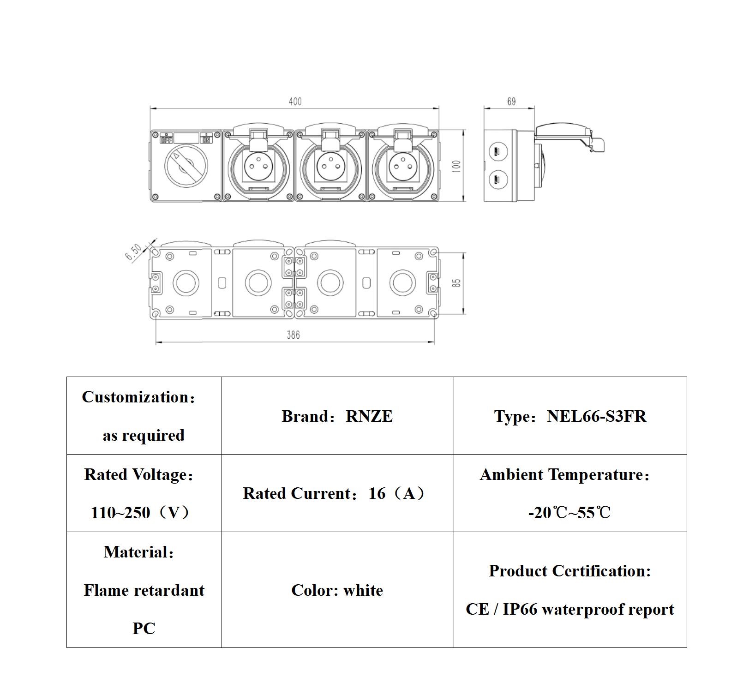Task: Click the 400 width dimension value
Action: [295, 102]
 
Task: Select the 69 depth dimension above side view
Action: [511, 102]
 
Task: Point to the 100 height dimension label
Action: [457, 166]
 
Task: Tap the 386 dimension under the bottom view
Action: [293, 335]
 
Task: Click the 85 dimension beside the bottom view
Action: [456, 282]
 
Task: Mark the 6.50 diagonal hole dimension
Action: [134, 252]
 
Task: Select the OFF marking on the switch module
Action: [167, 139]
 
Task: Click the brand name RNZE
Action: [369, 416]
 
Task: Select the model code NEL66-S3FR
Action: [596, 416]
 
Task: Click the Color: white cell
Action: [337, 590]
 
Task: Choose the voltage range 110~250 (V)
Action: [141, 513]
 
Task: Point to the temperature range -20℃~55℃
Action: [569, 513]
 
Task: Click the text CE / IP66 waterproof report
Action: [570, 609]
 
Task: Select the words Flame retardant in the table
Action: [144, 590]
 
